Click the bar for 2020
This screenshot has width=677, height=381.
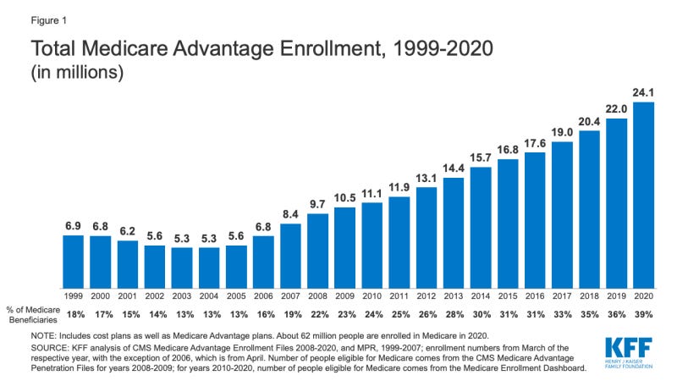coord(644,195)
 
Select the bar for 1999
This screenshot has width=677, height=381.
coord(74,261)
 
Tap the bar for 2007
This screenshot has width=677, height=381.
coord(290,255)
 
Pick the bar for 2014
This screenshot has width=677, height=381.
coord(481,227)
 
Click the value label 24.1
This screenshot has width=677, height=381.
coord(644,91)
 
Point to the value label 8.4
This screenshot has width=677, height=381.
coord(290,213)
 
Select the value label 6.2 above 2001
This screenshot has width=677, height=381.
coord(128,230)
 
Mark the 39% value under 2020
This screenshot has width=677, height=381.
coord(644,315)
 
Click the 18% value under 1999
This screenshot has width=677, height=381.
coord(74,315)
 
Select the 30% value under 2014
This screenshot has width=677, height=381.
coord(481,315)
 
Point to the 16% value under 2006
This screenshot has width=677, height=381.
coord(263,315)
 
